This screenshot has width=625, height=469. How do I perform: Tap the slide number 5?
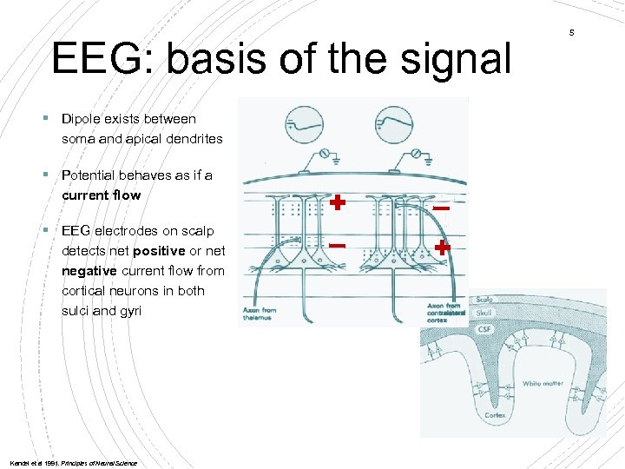(x=572, y=33)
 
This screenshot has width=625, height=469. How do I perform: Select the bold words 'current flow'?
(x=101, y=195)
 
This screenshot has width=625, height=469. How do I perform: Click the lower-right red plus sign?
(x=443, y=247)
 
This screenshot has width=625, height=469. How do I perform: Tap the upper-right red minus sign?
(x=441, y=209)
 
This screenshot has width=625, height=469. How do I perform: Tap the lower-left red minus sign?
(x=338, y=247)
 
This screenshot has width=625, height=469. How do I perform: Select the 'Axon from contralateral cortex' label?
(x=445, y=313)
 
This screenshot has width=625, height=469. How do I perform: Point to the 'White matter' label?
(x=543, y=384)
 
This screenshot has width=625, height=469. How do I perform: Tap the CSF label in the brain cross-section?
(x=483, y=329)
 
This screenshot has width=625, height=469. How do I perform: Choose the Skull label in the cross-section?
(x=484, y=312)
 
